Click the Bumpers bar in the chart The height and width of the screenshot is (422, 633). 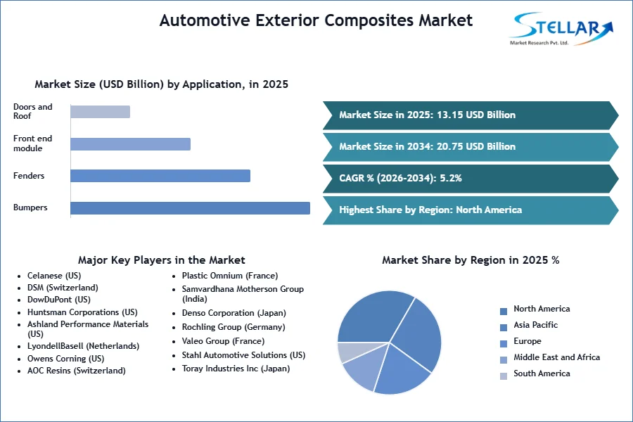pos(190,208)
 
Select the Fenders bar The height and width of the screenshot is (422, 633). pos(160,176)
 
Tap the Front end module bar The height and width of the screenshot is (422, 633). pos(130,144)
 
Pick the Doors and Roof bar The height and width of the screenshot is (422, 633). pos(100,112)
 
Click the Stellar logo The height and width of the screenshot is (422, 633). pos(561,29)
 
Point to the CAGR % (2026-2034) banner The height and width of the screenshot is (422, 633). pos(471,178)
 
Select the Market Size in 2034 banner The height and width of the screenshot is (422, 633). pos(471,146)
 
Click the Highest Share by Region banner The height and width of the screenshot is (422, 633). pos(471,210)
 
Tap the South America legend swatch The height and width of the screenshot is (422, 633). pos(504,376)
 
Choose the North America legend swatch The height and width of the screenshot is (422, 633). pos(504,312)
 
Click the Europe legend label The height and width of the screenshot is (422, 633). pos(527,341)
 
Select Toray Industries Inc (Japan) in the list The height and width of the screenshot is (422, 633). pos(236,369)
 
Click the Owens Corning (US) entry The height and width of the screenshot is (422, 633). pos(66,359)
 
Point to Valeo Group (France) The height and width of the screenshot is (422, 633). pos(223,341)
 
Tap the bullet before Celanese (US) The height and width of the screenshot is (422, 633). pos(19,276)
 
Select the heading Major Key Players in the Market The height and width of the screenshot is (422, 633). pos(162,260)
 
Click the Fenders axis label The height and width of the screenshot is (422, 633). pos(29,176)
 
